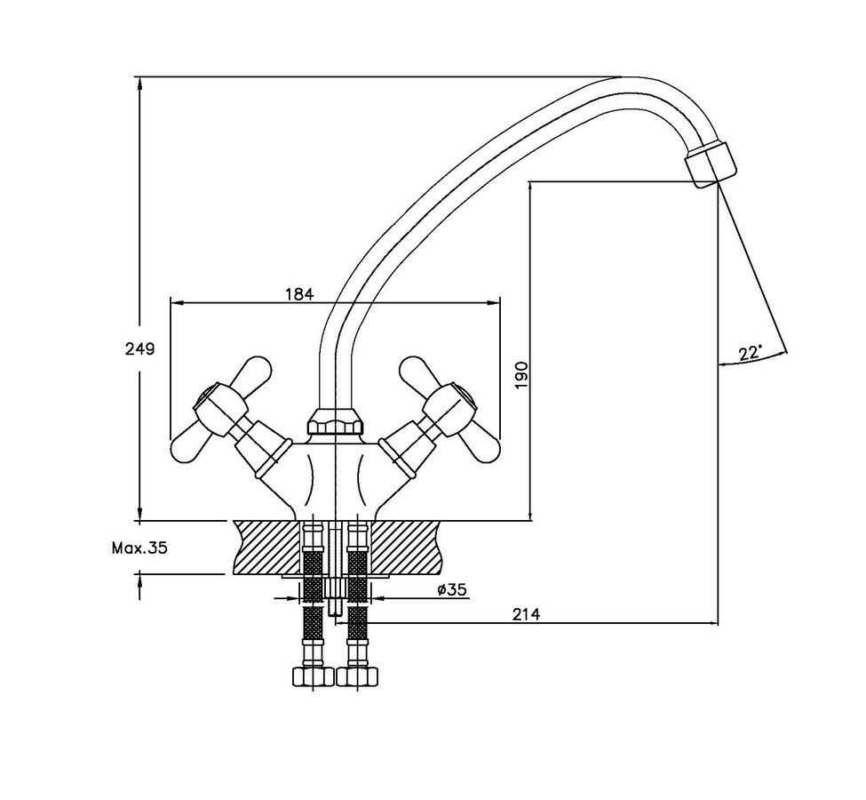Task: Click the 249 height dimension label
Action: click(x=139, y=349)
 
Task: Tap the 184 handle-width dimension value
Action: click(x=299, y=294)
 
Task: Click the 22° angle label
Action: click(x=750, y=353)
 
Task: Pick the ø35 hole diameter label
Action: click(x=451, y=590)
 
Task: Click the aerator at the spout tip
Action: click(x=711, y=164)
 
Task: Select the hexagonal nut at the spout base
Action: click(x=336, y=422)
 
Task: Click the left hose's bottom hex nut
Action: click(x=313, y=676)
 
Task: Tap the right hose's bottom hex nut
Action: click(x=358, y=676)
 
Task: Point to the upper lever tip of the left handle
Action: click(x=254, y=370)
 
